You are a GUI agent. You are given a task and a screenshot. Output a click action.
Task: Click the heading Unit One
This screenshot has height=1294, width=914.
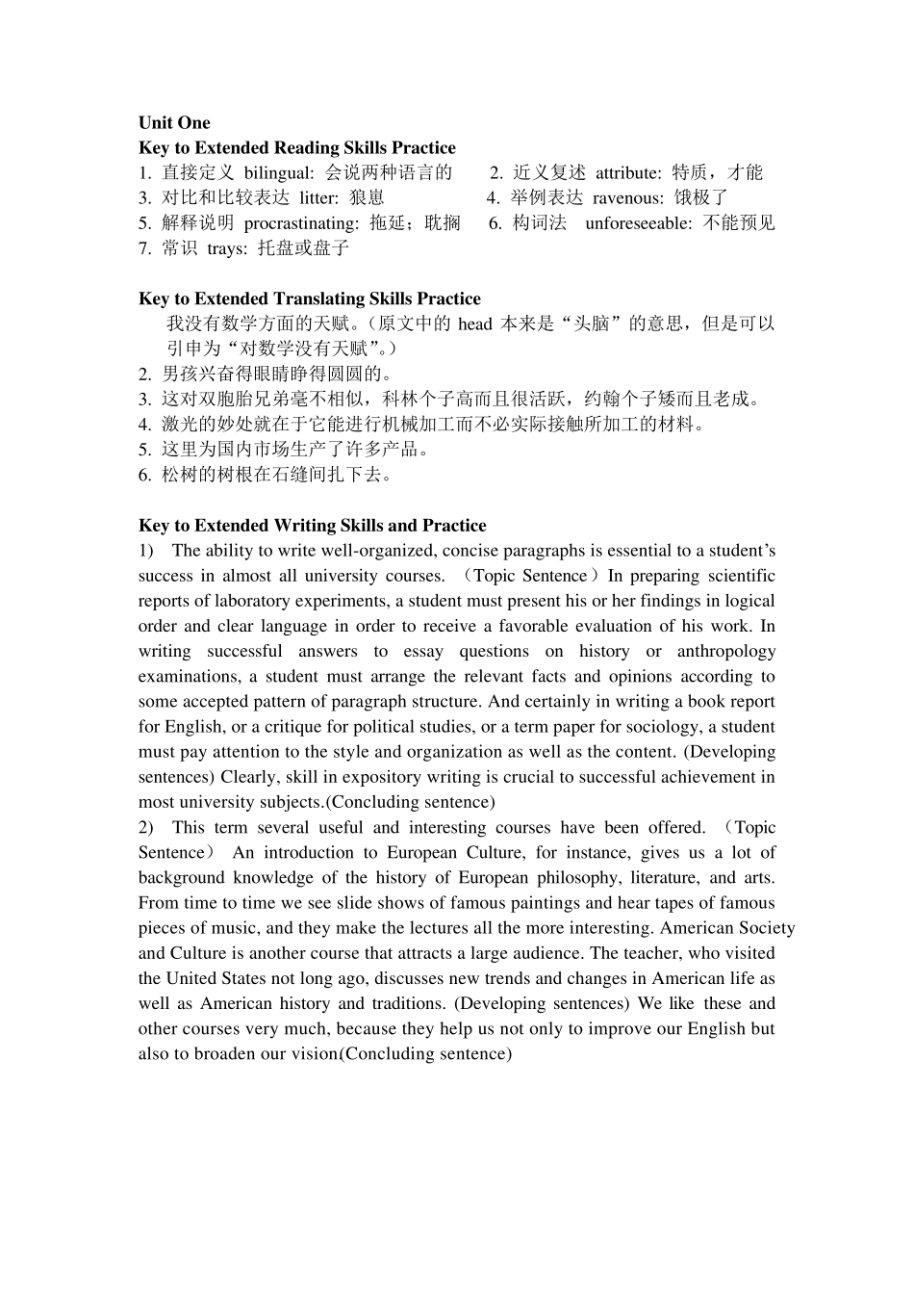pos(174,122)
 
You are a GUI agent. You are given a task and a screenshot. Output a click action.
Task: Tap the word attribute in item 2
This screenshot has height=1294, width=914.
pos(627,173)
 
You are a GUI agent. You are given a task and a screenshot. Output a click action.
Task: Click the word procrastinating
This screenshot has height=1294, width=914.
pos(301,223)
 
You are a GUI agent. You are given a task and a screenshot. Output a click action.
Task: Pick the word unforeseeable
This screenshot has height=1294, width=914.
pos(639,223)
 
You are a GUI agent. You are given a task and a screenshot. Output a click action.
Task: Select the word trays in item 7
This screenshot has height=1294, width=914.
pos(226,248)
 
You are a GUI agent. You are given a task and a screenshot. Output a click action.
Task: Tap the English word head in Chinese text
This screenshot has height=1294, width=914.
pos(474,324)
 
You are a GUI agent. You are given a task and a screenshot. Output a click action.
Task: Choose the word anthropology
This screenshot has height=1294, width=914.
pos(725,652)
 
